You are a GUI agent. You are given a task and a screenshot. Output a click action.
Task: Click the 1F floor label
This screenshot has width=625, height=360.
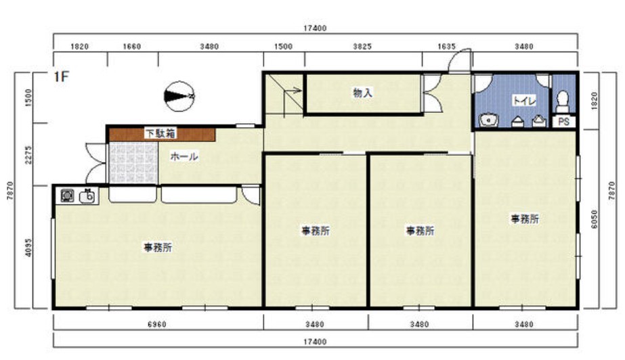click(62, 76)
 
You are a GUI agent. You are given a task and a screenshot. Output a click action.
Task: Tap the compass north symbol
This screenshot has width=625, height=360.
click(179, 96)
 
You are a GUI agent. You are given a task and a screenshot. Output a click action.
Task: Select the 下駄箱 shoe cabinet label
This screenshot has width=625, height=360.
click(160, 133)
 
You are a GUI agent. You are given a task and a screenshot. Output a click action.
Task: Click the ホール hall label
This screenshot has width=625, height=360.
click(184, 156)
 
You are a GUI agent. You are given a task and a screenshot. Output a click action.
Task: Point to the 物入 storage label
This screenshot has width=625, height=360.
click(362, 93)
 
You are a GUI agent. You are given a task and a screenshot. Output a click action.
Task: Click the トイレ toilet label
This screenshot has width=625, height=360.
click(524, 101)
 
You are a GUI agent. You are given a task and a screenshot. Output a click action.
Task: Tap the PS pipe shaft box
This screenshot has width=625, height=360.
click(563, 121)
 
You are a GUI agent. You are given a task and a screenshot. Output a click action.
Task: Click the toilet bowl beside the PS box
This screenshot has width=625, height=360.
click(563, 102)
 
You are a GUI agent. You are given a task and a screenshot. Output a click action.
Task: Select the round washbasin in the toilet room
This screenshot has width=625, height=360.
click(487, 120)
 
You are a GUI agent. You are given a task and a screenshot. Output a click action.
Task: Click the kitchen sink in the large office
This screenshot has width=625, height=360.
click(89, 196)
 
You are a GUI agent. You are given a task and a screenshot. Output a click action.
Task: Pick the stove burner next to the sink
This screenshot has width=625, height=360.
click(66, 196)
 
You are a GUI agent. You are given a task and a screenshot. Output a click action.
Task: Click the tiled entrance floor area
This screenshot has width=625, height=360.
click(134, 162)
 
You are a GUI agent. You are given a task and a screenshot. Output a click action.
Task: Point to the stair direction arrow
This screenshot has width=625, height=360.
click(293, 91)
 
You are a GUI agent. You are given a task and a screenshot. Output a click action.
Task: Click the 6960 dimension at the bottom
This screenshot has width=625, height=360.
click(156, 325)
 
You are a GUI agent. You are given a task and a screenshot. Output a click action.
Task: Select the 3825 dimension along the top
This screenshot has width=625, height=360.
click(362, 47)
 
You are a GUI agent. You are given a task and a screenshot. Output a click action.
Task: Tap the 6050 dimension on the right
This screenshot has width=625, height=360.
click(595, 219)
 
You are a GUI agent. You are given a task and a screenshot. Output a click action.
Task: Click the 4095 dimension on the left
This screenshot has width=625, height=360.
click(28, 247)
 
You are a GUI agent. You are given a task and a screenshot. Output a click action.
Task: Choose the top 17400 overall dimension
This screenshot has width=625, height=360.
click(315, 28)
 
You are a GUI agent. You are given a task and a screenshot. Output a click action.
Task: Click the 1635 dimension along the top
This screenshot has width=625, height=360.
click(446, 47)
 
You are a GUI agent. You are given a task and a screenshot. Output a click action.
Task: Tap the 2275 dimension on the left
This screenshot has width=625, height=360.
click(28, 154)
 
